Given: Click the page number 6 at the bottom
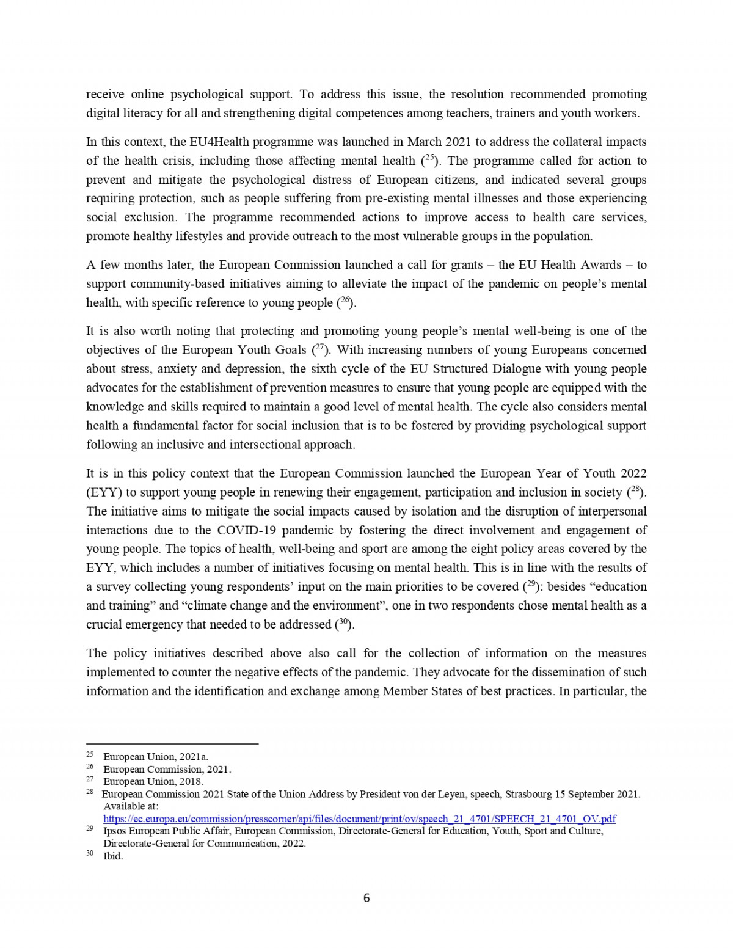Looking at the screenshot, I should pos(366,898).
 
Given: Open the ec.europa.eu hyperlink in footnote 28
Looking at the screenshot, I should pos(359,819).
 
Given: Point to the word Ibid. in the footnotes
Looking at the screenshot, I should pos(113,856).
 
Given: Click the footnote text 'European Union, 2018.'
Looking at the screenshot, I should pos(153,781).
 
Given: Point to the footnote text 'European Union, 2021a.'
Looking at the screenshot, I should pos(156,757).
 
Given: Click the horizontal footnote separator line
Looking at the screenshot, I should pos(172,744).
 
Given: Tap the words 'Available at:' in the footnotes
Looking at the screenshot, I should pos(131,806).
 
